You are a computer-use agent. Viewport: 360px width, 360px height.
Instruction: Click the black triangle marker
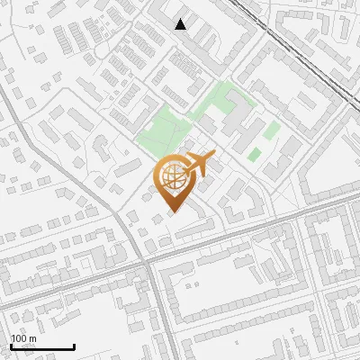[x=181, y=24]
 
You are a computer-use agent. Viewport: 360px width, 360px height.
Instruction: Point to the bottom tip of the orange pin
[x=173, y=212]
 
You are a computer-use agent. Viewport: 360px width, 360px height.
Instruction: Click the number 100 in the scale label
[x=20, y=338]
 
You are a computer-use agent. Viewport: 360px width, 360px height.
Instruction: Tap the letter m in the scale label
[x=34, y=338]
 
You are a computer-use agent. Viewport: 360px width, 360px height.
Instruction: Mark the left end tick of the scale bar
[x=11, y=346]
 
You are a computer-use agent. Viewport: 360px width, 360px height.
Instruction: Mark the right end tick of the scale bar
[x=74, y=346]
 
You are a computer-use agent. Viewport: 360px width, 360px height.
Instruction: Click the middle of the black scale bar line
[x=42, y=347]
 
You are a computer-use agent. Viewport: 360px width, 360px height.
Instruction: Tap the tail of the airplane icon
[x=188, y=166]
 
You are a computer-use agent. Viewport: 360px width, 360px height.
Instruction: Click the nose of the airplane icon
[x=213, y=158]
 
